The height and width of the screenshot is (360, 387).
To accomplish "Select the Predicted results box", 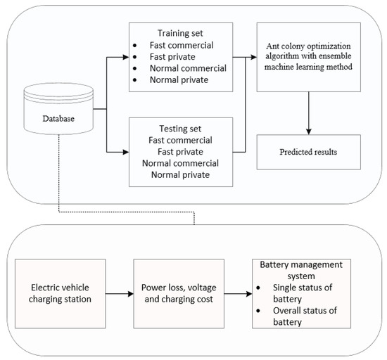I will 309,153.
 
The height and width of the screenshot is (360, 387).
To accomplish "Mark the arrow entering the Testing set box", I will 117,150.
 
